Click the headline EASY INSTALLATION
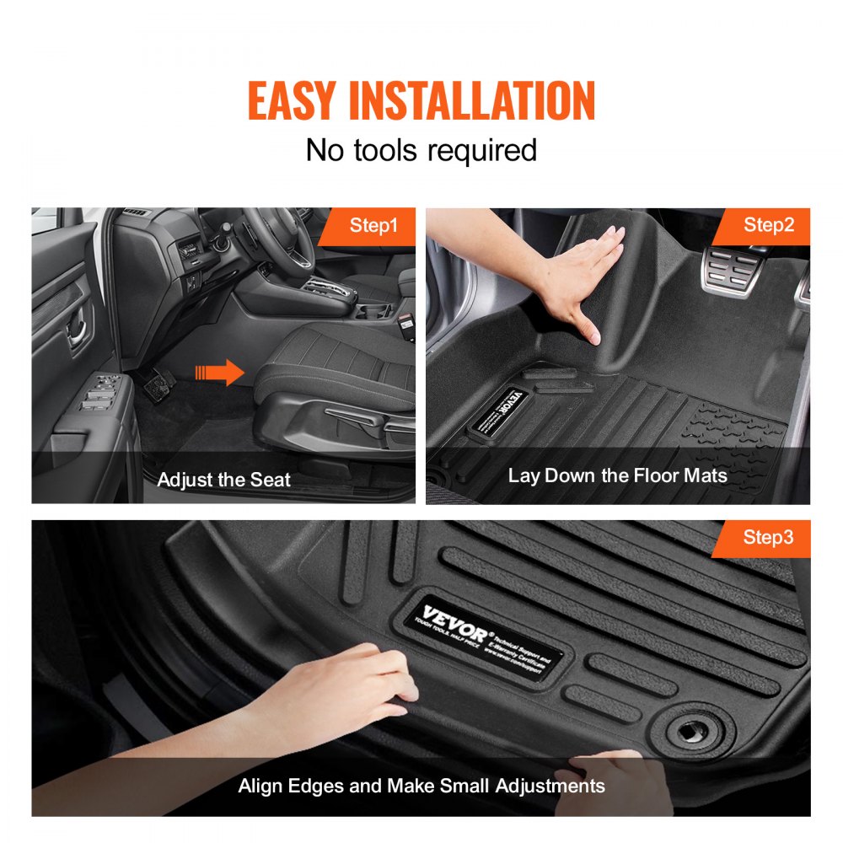[x=421, y=101]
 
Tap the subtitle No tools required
[x=421, y=150]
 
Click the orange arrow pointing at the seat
[x=219, y=372]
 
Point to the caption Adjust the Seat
[x=223, y=480]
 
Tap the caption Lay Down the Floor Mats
[x=617, y=475]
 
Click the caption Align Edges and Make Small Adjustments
[x=421, y=786]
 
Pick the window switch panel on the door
[x=99, y=392]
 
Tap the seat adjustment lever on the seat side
[x=358, y=417]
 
